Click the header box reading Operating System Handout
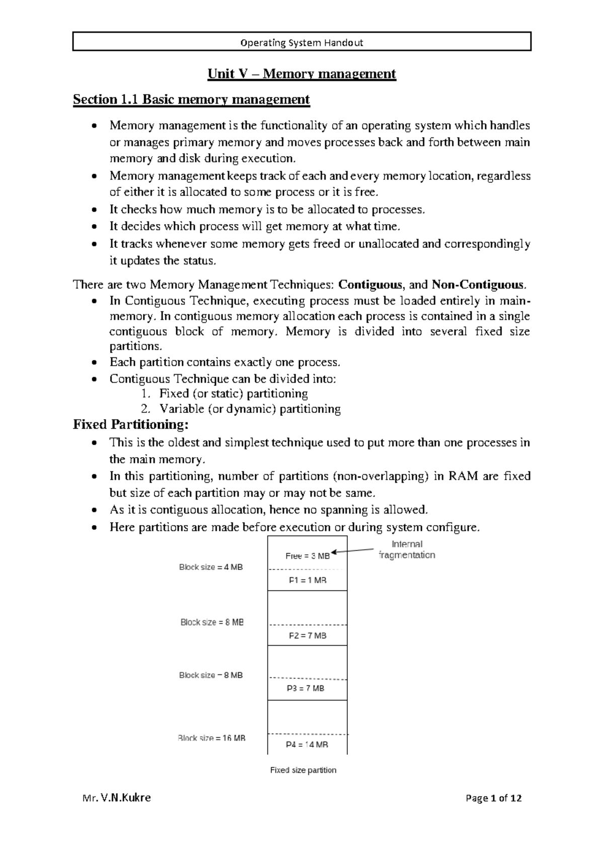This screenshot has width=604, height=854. point(302,42)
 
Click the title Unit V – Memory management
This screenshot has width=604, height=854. point(302,74)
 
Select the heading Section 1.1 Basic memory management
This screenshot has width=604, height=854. point(191,99)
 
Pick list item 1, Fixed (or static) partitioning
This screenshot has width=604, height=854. point(233,393)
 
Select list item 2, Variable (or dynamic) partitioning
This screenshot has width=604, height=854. point(250,409)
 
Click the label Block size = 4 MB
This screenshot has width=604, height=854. point(211,567)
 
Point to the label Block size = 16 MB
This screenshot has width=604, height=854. point(211,738)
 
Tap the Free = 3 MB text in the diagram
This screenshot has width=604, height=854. point(308,556)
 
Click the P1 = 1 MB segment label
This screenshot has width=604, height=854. point(308,580)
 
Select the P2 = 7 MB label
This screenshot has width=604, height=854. point(308,635)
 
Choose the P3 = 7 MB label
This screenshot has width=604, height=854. point(306,688)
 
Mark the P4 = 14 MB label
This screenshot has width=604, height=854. point(307,745)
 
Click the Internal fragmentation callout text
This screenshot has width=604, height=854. point(407,549)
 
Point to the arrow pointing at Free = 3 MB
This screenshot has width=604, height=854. point(354,550)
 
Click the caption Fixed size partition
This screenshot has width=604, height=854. point(303,770)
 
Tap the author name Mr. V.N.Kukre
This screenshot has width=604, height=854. point(116,798)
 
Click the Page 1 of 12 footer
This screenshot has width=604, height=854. point(493,798)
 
